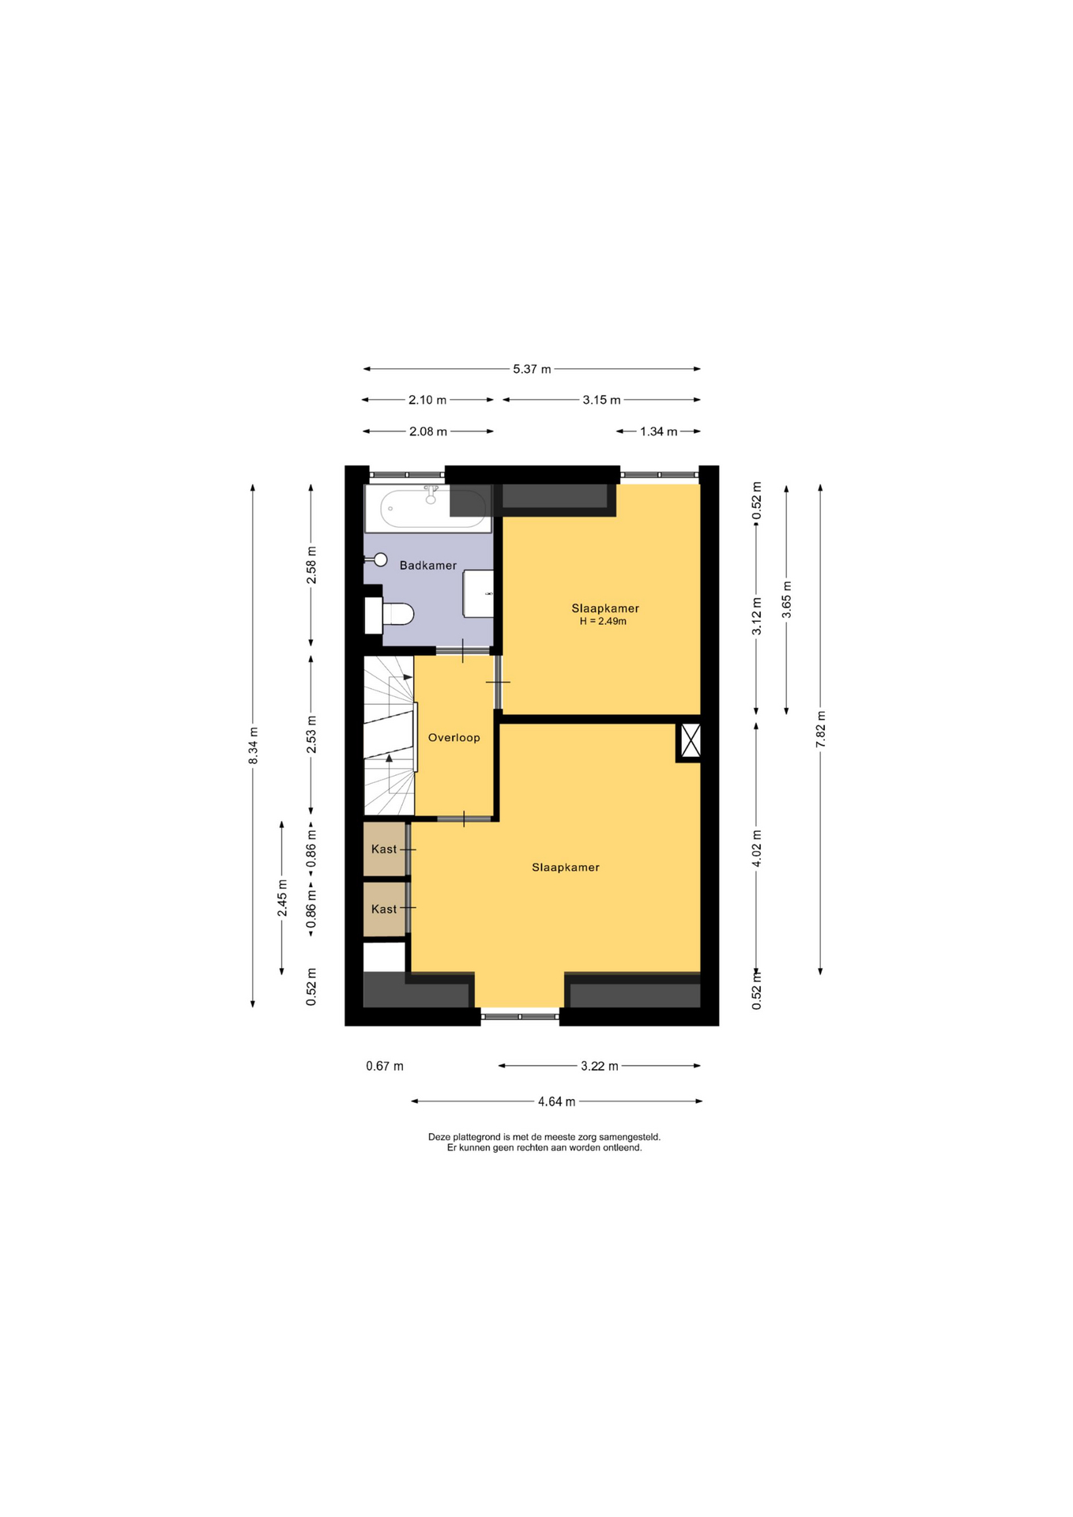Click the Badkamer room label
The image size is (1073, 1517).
tap(427, 566)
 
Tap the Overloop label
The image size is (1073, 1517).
tap(454, 738)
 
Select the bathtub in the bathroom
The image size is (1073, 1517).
tap(427, 508)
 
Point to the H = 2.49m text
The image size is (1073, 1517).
tap(603, 621)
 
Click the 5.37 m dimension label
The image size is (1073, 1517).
tap(532, 369)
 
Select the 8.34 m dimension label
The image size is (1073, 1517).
tap(253, 745)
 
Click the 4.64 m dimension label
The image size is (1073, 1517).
tap(556, 1101)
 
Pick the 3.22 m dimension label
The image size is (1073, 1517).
tap(599, 1066)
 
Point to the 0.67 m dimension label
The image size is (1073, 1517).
tap(385, 1066)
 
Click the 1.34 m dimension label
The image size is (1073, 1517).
tap(658, 431)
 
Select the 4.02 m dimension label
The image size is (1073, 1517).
tap(756, 849)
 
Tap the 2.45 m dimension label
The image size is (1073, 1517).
tap(282, 898)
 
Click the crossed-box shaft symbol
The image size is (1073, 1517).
tap(690, 741)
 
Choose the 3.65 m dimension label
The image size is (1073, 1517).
tap(786, 600)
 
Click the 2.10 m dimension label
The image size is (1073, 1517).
tap(427, 400)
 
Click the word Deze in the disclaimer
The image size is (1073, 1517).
tap(439, 1137)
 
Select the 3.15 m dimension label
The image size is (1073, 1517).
tap(601, 400)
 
